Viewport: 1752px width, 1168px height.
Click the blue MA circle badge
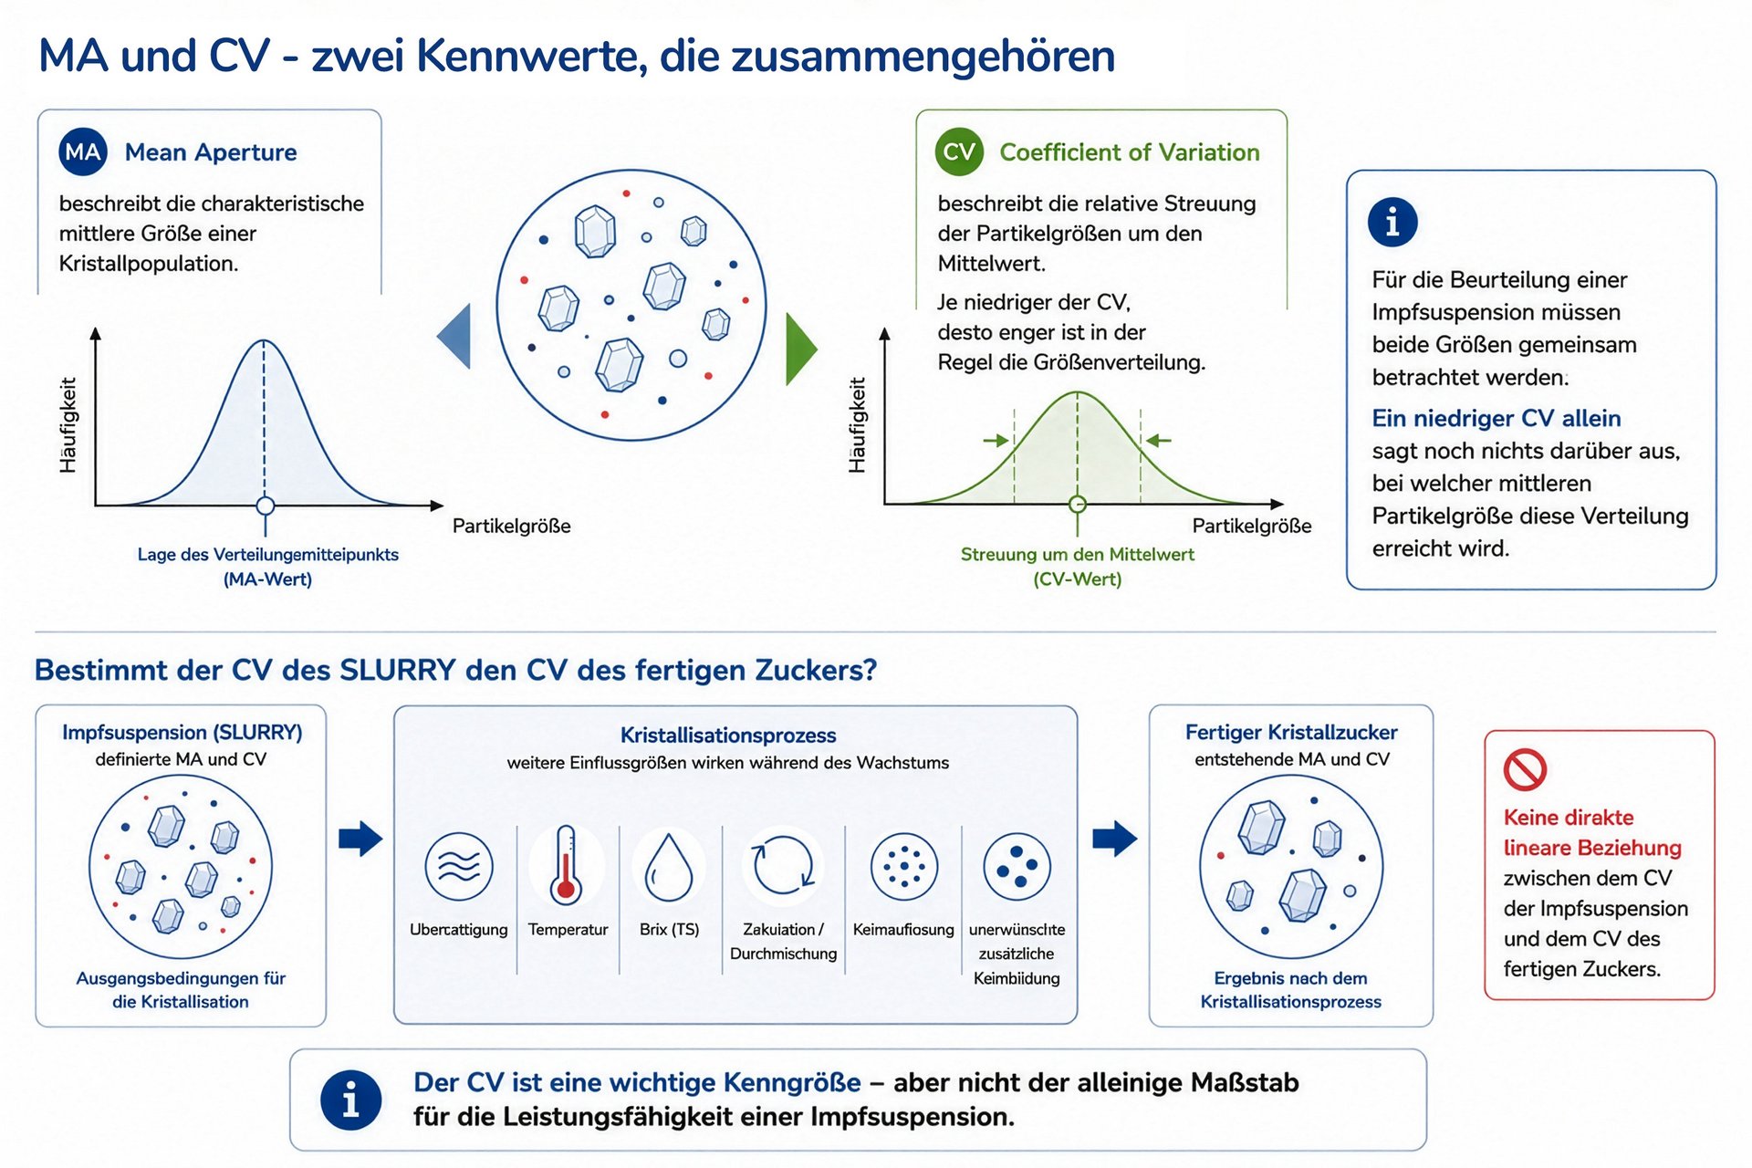(83, 152)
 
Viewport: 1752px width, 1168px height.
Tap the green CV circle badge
(959, 151)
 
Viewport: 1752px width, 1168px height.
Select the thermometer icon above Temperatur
(567, 864)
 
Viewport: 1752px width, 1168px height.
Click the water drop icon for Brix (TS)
(669, 866)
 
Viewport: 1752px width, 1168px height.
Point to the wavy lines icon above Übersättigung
(459, 866)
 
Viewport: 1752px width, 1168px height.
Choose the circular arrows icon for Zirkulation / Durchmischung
(783, 865)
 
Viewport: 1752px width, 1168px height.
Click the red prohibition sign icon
(1525, 769)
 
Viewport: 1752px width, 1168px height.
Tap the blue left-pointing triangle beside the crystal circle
(454, 336)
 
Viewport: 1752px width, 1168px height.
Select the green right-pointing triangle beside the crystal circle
(801, 349)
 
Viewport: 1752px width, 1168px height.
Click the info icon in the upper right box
(1392, 222)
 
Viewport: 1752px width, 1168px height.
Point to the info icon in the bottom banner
(350, 1100)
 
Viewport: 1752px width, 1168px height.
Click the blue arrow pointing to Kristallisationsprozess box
(360, 839)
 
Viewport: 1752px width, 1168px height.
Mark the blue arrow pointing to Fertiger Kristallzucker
(1115, 839)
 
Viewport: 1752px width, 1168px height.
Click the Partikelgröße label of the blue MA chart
(512, 527)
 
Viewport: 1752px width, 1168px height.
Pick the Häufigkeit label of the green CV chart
(857, 425)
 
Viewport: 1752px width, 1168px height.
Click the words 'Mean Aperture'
(211, 152)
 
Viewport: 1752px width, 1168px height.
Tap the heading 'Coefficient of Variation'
(1130, 152)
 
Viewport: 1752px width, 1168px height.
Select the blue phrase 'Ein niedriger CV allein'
(1496, 418)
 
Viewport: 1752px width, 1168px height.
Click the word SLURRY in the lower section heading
(398, 671)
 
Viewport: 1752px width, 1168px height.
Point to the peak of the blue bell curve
(265, 340)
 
